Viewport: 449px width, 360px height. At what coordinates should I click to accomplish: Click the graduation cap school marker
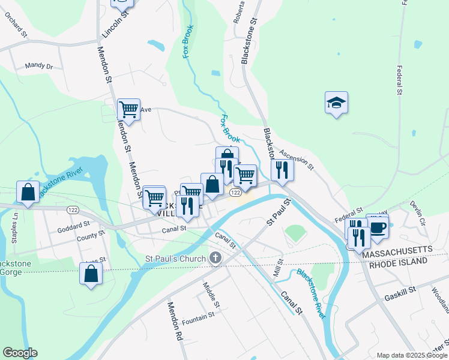tap(337, 103)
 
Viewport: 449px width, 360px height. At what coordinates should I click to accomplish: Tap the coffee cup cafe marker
tap(378, 227)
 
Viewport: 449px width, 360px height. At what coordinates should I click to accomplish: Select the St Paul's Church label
tap(175, 259)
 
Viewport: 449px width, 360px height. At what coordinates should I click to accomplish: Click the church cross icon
tap(215, 259)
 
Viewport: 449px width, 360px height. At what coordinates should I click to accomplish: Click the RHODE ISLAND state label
tap(398, 263)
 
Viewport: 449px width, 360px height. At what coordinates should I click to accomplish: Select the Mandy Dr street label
tap(39, 66)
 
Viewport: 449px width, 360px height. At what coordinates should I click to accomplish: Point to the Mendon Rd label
tap(173, 322)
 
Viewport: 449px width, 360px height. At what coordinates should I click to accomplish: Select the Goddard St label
tap(73, 229)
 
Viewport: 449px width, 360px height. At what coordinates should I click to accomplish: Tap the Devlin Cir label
tap(418, 213)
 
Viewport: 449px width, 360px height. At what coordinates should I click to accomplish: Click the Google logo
tap(20, 353)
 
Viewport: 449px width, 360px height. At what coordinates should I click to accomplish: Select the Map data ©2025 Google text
tap(411, 355)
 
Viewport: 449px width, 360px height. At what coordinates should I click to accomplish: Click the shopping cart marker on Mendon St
tap(128, 110)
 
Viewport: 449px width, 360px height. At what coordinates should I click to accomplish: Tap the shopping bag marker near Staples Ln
tap(28, 192)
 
